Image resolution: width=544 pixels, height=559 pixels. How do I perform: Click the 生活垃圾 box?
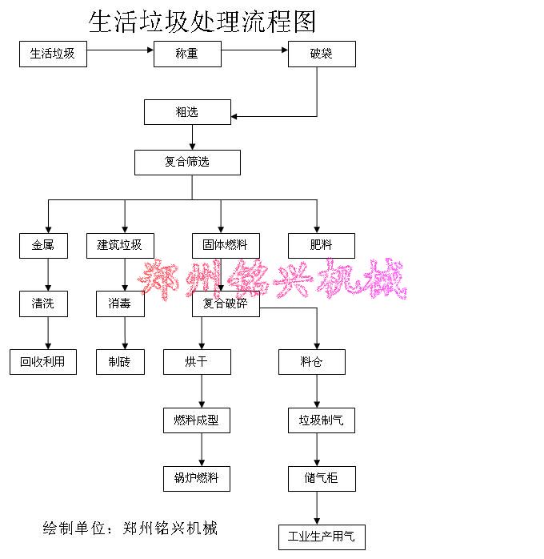pyautogui.click(x=53, y=54)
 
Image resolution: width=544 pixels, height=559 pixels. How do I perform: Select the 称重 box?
pyautogui.click(x=187, y=54)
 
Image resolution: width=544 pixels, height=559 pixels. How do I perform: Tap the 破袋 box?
pyautogui.click(x=322, y=54)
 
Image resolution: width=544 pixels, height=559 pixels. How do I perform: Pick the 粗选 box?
pyautogui.click(x=187, y=112)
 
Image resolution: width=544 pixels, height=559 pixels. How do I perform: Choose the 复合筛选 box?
pyautogui.click(x=187, y=163)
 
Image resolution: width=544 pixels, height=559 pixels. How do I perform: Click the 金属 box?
pyautogui.click(x=43, y=245)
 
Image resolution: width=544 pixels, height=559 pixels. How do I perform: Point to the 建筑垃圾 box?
pyautogui.click(x=120, y=245)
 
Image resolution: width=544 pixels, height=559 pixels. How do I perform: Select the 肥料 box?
pyautogui.click(x=322, y=245)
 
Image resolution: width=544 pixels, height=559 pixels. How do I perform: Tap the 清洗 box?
pyautogui.click(x=43, y=304)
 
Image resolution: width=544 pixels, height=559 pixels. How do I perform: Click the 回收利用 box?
pyautogui.click(x=43, y=362)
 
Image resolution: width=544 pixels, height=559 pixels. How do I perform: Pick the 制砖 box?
pyautogui.click(x=120, y=362)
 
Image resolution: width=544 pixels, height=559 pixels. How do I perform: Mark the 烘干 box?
pyautogui.click(x=197, y=362)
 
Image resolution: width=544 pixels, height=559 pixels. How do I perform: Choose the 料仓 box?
pyautogui.click(x=312, y=362)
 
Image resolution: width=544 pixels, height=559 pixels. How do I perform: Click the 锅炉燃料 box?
pyautogui.click(x=197, y=479)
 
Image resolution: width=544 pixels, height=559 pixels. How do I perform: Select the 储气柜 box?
pyautogui.click(x=322, y=479)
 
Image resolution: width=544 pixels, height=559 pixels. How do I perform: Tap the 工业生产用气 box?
pyautogui.click(x=322, y=537)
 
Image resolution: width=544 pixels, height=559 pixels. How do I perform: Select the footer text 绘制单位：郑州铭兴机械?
pyautogui.click(x=130, y=528)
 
